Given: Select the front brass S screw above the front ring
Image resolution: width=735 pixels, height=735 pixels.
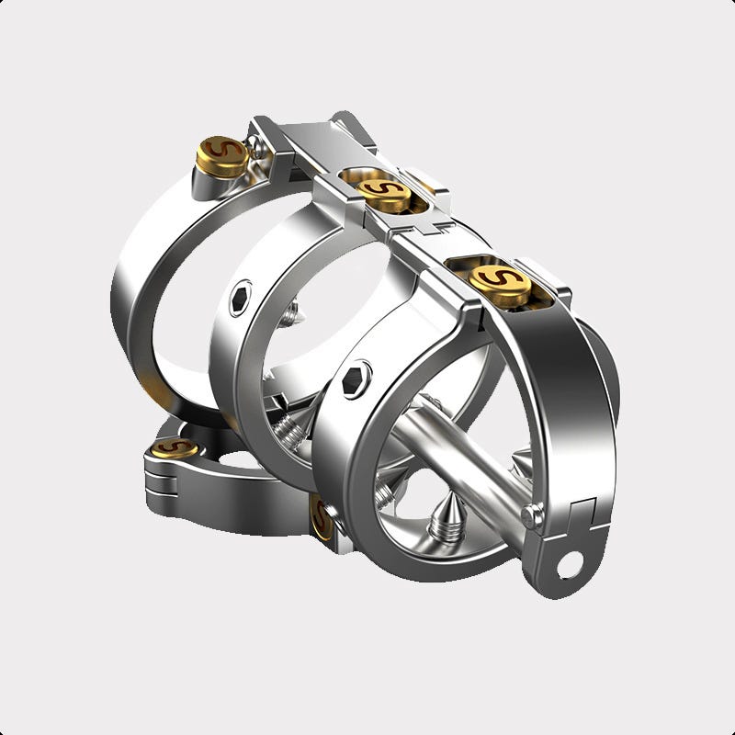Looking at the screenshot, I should [487, 275].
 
